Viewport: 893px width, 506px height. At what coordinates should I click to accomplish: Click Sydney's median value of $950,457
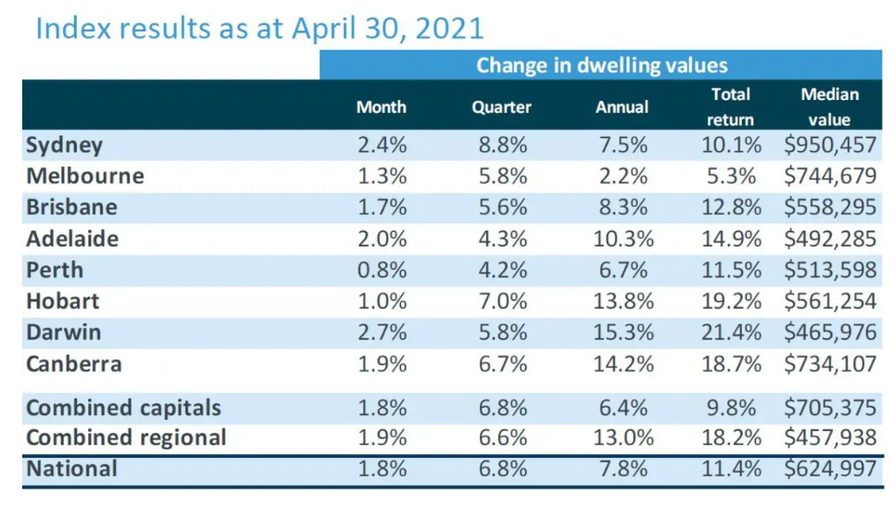829,145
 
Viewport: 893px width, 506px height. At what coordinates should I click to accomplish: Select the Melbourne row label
85,176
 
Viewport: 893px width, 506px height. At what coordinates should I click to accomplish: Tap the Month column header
381,107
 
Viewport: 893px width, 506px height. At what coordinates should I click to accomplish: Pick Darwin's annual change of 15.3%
622,332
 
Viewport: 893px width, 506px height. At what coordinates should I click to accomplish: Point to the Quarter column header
501,107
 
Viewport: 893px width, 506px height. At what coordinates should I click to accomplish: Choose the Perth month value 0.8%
381,271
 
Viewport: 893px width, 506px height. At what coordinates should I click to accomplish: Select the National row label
71,469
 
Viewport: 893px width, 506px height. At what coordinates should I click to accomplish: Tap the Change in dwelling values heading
601,65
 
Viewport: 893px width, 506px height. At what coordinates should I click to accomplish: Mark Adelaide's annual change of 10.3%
622,239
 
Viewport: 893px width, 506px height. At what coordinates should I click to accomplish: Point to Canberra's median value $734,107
829,363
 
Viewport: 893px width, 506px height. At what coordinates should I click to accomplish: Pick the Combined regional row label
126,437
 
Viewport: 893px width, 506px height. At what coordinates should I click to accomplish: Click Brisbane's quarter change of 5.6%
501,208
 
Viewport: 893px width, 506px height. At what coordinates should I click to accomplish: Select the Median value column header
829,107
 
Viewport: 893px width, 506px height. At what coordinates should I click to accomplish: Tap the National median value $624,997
829,469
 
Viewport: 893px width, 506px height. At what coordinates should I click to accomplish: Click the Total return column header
731,107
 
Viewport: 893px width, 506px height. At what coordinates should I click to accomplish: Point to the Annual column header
622,107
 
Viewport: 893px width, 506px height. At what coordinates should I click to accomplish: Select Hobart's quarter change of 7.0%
501,301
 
